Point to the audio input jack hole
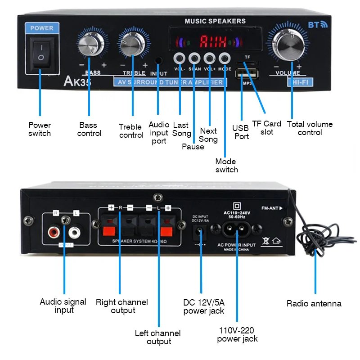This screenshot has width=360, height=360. click(x=158, y=60)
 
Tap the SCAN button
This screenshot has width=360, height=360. click(x=194, y=58)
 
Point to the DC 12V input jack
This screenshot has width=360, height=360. click(x=200, y=233)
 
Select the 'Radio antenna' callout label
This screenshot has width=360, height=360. click(x=314, y=304)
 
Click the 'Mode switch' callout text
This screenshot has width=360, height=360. click(x=226, y=166)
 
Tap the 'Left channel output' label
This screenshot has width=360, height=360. click(x=158, y=337)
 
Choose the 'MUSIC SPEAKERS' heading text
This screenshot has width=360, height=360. click(x=215, y=21)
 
